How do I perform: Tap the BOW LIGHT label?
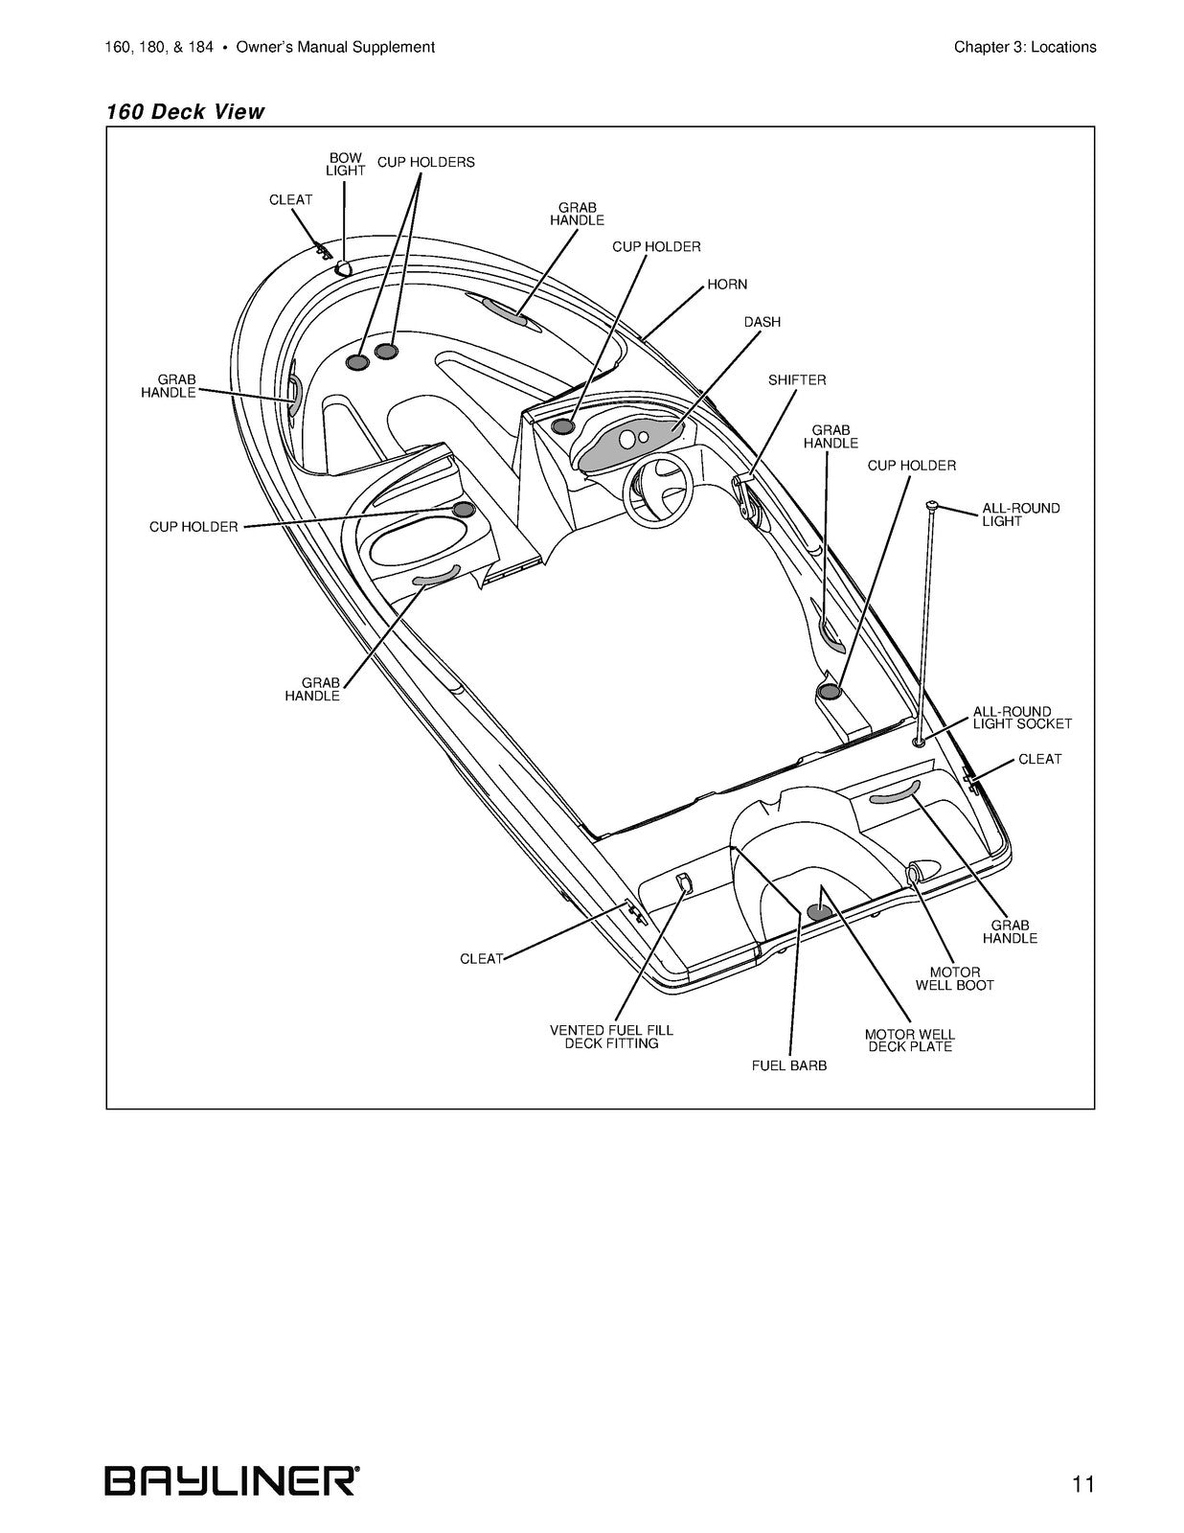[346, 165]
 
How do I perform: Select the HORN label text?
[727, 285]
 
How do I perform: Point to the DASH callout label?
[763, 322]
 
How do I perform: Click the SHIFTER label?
[797, 380]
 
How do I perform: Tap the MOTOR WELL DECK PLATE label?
[910, 1041]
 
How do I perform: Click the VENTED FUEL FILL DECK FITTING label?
[611, 1037]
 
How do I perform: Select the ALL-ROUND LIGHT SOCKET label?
[1022, 718]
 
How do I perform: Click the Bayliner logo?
[232, 1476]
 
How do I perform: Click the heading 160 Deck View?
[185, 111]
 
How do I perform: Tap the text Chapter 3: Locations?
[1025, 47]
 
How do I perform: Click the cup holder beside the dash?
[562, 426]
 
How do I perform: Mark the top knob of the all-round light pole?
[932, 504]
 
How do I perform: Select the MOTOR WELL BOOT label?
[955, 978]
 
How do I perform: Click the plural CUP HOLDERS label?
[426, 162]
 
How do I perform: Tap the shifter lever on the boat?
[744, 498]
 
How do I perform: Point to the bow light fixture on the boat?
[344, 267]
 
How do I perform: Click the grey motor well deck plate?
[819, 912]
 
